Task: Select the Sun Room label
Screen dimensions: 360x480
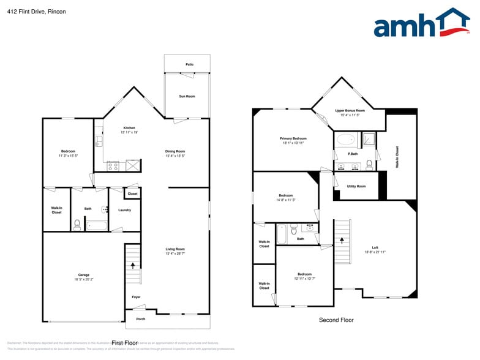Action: (x=187, y=97)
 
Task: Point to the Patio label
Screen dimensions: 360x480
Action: (x=190, y=64)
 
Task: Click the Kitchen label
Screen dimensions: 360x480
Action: (x=129, y=128)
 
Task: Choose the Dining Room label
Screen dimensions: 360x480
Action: (x=175, y=151)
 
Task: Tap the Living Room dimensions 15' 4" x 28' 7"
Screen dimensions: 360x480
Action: (x=175, y=253)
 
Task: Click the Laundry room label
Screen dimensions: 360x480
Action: (x=124, y=211)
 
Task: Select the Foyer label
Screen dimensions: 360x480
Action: (x=136, y=297)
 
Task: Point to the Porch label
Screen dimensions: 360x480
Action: (x=140, y=319)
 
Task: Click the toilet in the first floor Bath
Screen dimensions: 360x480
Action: (x=77, y=225)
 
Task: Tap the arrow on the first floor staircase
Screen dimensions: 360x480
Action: (x=132, y=265)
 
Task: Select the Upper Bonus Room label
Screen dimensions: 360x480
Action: (x=350, y=111)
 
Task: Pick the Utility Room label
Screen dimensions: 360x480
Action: (x=356, y=186)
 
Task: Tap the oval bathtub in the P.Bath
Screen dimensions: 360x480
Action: (x=346, y=139)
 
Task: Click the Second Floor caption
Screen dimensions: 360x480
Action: (x=336, y=320)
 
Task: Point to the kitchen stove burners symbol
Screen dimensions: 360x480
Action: (x=113, y=165)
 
